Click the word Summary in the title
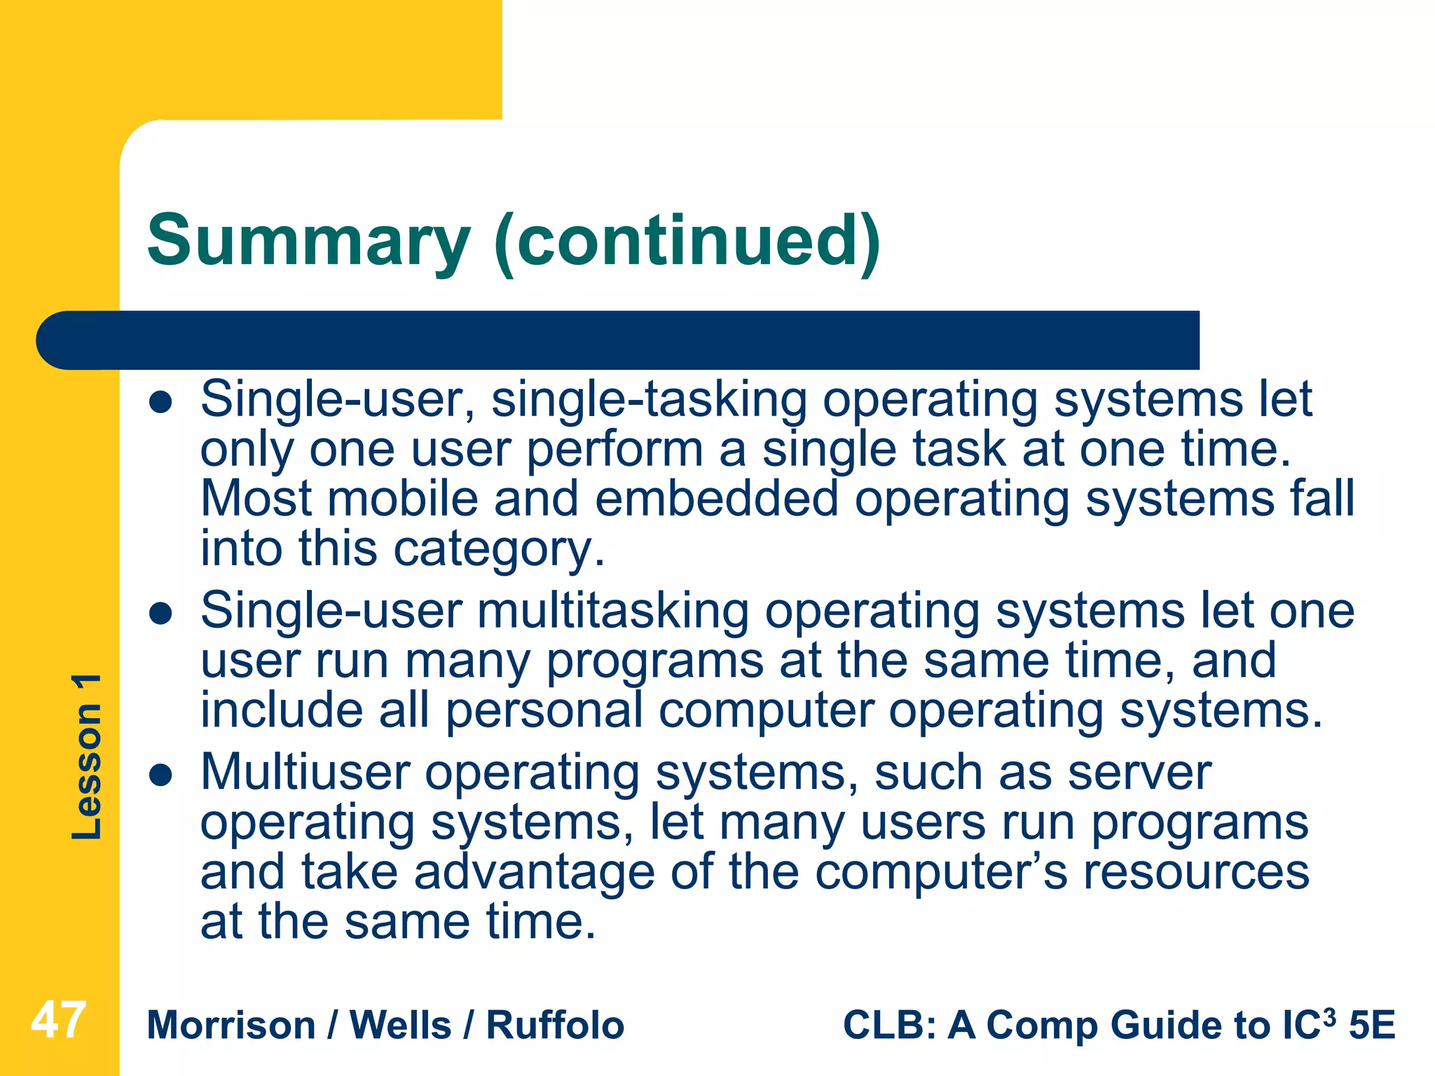308,242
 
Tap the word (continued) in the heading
687,242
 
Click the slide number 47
59,1021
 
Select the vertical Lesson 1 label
87,757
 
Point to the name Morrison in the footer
231,1026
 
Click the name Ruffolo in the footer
555,1026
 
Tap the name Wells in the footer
400,1026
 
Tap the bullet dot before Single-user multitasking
161,614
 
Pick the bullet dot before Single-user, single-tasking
161,403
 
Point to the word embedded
716,499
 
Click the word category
498,550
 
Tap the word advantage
535,873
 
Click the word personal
544,712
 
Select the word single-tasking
649,401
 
